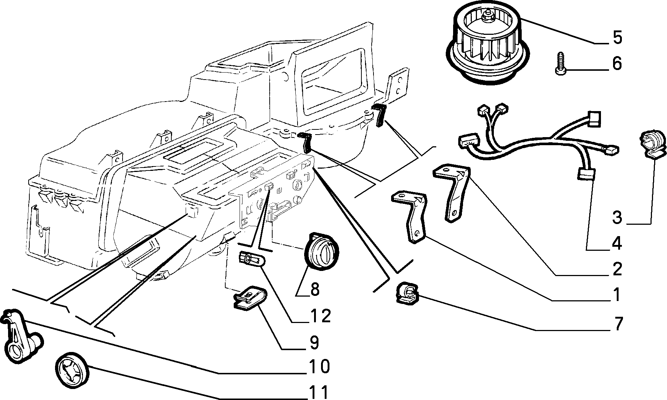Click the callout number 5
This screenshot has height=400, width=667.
coord(617,38)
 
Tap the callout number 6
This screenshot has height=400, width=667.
coord(617,63)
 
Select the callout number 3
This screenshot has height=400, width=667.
coord(617,217)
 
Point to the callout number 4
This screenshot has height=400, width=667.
coord(617,243)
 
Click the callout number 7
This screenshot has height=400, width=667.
coord(617,324)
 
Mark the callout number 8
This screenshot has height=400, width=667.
coord(314,290)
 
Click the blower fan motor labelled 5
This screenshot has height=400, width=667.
coord(488,44)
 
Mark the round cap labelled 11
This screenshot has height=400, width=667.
coord(72,369)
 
